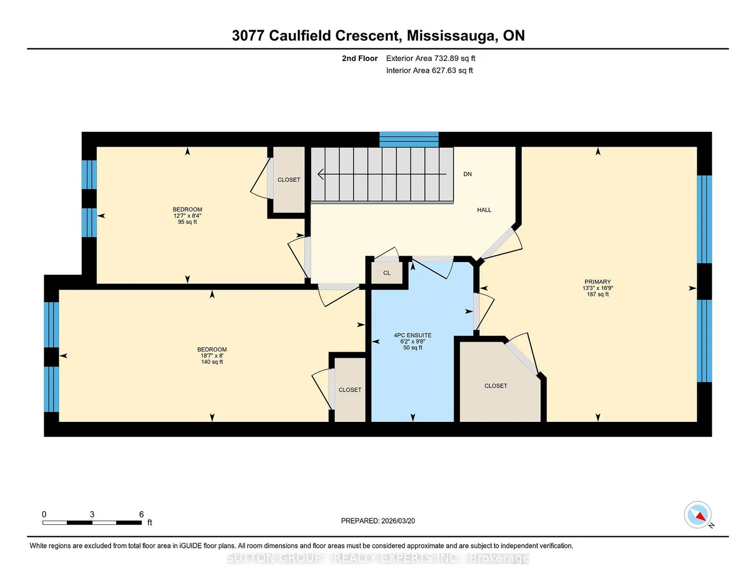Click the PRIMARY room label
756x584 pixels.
597,282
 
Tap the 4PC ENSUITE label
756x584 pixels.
412,335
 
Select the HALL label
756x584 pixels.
484,210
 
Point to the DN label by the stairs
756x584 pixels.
467,174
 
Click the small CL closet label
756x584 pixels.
387,273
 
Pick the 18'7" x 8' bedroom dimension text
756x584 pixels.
212,356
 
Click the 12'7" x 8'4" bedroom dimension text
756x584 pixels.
187,216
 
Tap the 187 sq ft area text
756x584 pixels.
597,294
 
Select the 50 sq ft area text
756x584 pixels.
412,347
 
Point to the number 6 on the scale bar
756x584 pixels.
141,514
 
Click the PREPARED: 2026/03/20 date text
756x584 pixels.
378,521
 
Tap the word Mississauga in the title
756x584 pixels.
451,36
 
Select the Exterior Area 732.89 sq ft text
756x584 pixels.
430,58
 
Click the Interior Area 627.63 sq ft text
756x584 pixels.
429,70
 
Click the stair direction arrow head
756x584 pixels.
320,174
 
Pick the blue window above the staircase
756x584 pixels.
409,139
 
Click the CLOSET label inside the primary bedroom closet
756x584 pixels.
495,386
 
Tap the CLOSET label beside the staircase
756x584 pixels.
288,180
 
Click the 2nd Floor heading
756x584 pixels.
359,58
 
